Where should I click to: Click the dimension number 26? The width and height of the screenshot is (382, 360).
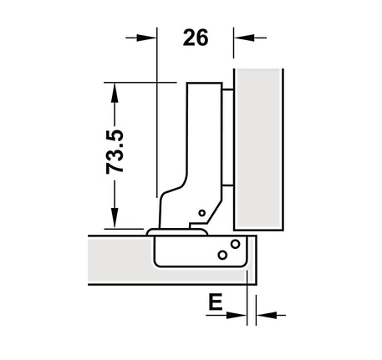[x=196, y=38]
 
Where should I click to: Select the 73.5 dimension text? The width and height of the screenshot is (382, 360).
[x=115, y=151]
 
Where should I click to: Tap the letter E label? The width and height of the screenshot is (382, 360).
[x=216, y=302]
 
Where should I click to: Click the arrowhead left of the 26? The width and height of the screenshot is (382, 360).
[x=145, y=38]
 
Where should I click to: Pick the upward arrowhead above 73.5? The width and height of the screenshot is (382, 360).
[x=115, y=94]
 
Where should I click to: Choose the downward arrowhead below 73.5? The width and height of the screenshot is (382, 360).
[x=115, y=217]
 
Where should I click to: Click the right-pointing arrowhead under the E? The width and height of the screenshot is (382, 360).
[x=237, y=315]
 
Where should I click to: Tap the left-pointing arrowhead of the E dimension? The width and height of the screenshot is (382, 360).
[x=267, y=315]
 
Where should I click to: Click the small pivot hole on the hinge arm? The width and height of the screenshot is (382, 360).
[x=202, y=213]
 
